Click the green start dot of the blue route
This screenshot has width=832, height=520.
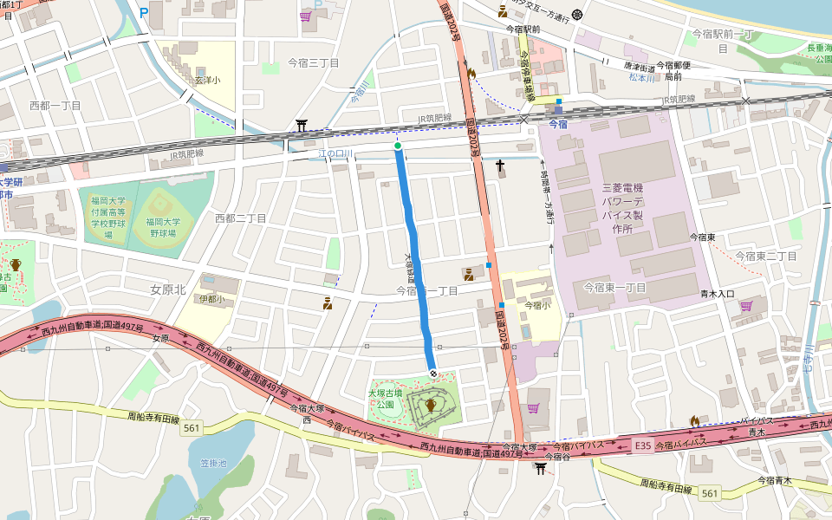click(398, 146)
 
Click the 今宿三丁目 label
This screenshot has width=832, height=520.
click(313, 63)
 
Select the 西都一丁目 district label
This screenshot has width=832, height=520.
click(55, 105)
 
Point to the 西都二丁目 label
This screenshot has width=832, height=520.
click(240, 218)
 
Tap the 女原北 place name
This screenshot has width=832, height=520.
click(168, 289)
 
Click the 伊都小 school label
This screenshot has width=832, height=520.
click(211, 299)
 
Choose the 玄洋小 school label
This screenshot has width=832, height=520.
click(206, 80)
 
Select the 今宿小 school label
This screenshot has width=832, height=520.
click(537, 305)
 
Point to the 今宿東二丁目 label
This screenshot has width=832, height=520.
click(765, 256)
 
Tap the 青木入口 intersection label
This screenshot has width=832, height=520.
click(718, 294)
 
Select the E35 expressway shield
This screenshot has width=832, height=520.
click(641, 445)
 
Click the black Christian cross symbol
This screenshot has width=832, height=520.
click(500, 165)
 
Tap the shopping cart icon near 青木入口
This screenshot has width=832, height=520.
click(747, 305)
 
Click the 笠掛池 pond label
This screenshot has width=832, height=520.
click(212, 464)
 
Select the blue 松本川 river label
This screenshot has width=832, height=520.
click(642, 78)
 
